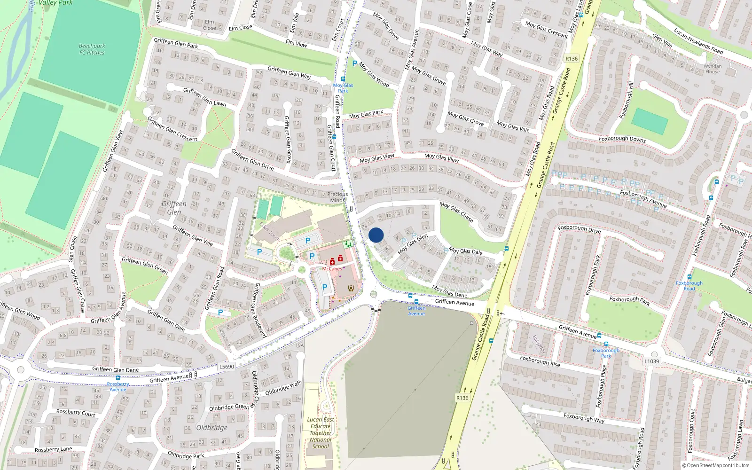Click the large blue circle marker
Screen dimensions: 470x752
coord(376,235)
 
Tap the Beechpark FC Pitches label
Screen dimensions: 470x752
coord(92,49)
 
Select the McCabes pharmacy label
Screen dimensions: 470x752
coord(332,269)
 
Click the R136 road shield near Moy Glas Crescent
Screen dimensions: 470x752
coord(572,59)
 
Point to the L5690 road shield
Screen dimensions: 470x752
coord(227,367)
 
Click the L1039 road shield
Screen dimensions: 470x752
coord(651,361)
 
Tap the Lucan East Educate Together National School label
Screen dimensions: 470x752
coord(321,433)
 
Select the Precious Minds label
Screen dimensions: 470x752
coord(337,197)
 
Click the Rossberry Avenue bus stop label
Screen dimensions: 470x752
coord(118,386)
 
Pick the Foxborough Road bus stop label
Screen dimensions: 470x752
coord(689,286)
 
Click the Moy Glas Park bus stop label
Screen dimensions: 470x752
coord(343,88)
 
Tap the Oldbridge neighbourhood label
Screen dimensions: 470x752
coord(212,428)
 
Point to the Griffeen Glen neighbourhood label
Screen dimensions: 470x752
coord(174,208)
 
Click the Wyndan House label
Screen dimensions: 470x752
coord(713,69)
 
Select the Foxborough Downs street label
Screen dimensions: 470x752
coord(622,139)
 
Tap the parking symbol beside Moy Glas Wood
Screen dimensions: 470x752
coord(354,63)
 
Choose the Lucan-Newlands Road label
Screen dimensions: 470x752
coord(698,41)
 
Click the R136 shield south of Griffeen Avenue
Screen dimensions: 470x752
coord(462,398)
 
